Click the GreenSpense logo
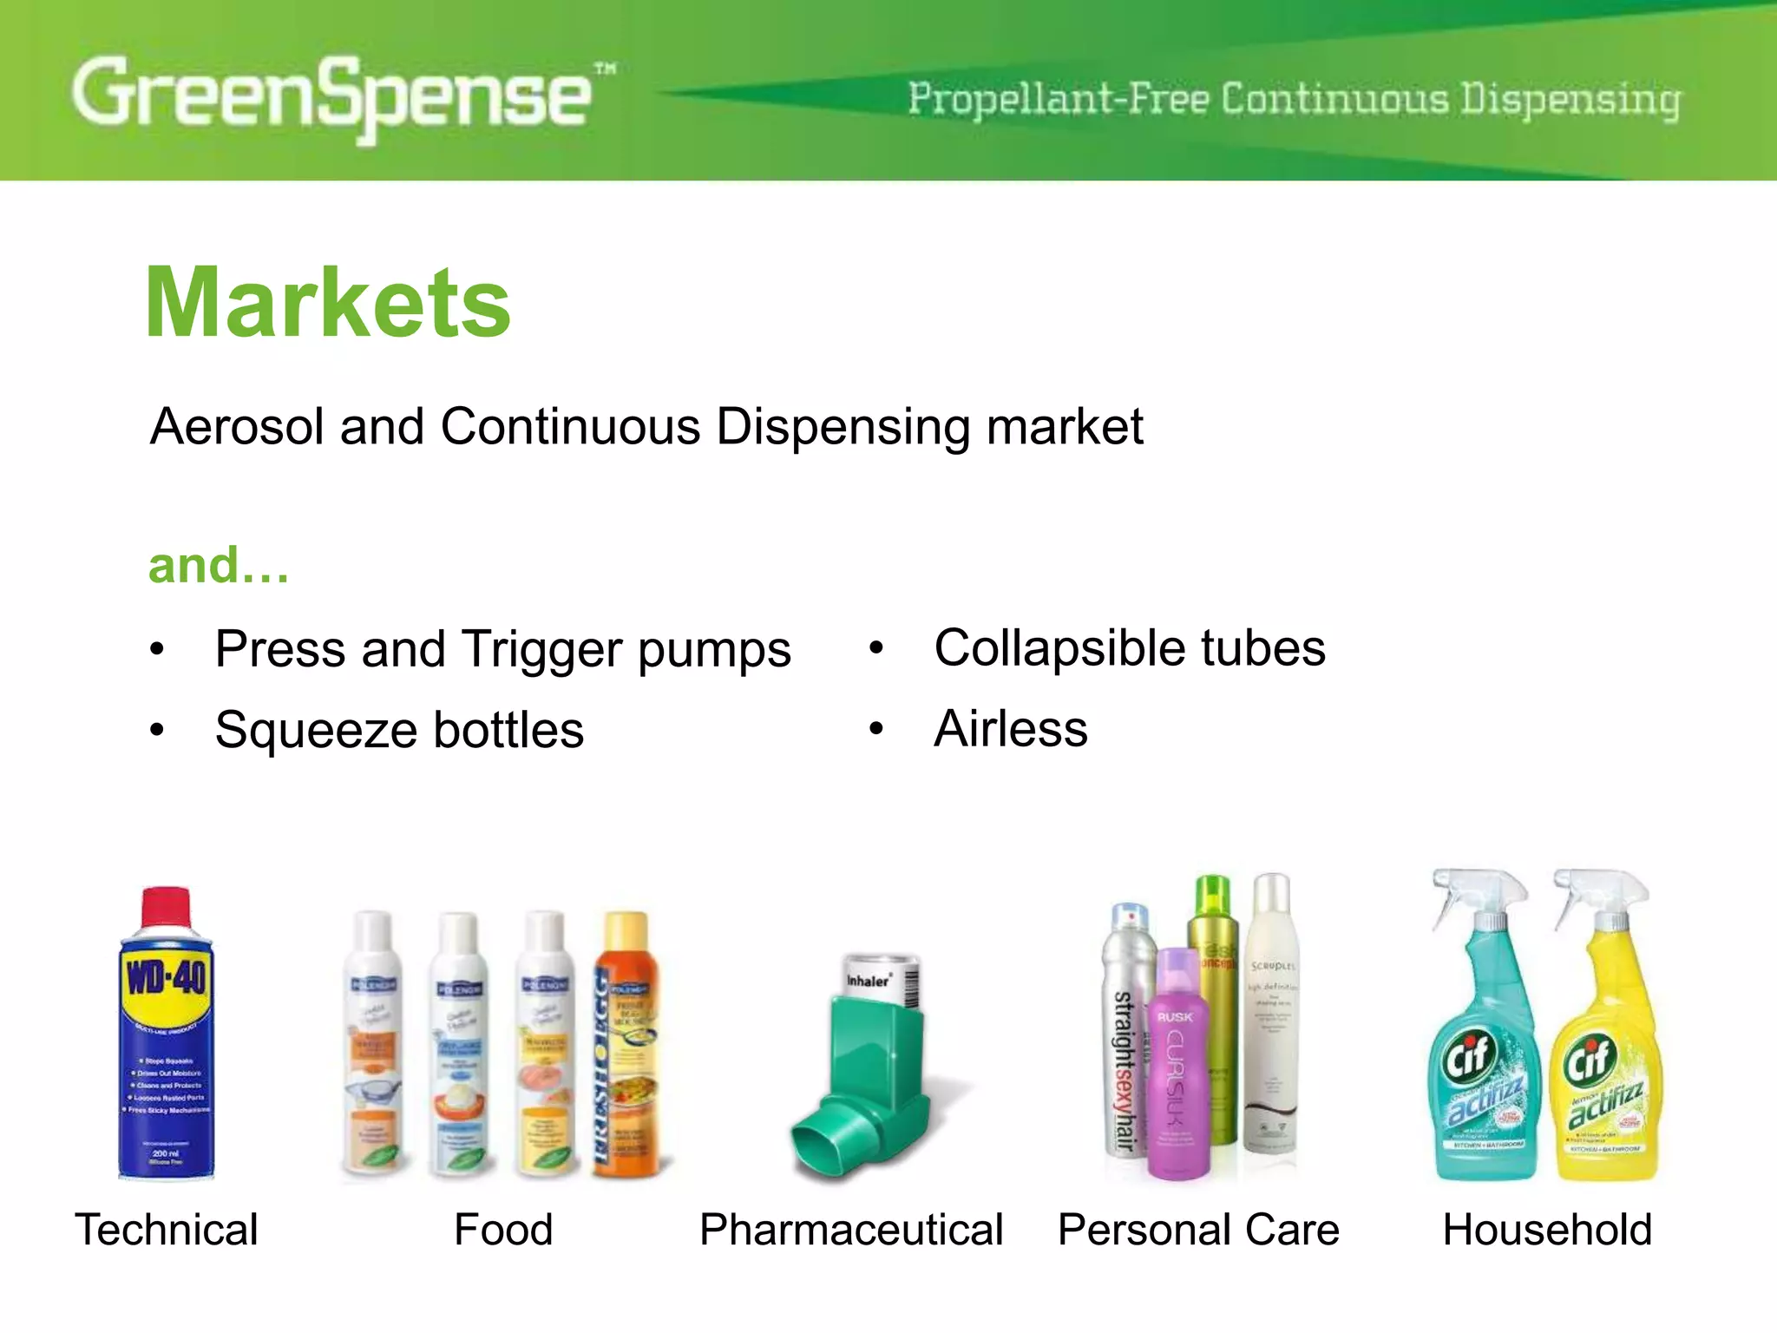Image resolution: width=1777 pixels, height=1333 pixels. [334, 95]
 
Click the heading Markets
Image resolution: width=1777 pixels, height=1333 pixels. [328, 303]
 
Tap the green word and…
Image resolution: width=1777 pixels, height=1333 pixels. [219, 566]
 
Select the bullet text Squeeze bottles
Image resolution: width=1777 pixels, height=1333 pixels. [399, 730]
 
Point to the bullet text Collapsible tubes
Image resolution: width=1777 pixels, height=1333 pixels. [1130, 648]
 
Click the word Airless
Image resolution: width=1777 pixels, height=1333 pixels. [1011, 729]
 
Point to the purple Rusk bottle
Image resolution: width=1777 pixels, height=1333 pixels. [1178, 1067]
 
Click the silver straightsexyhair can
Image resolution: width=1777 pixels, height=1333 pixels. [1125, 1033]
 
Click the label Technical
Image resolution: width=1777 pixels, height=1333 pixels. [167, 1230]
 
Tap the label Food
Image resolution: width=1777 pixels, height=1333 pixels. [503, 1230]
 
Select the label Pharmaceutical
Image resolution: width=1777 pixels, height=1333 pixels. [851, 1230]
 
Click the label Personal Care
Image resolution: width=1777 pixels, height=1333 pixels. [1198, 1230]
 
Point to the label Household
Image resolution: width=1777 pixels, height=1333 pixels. [1547, 1230]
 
